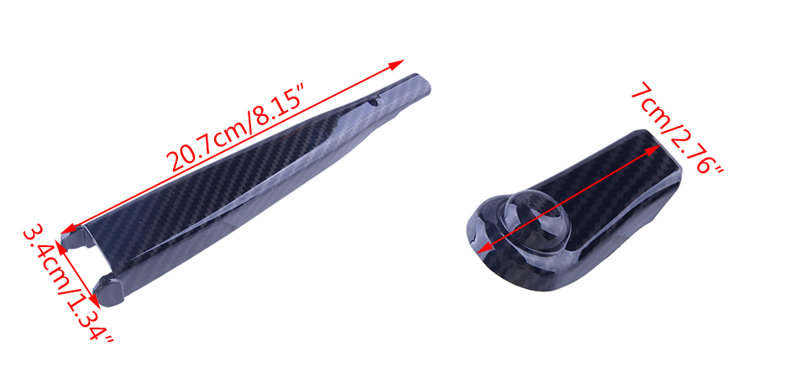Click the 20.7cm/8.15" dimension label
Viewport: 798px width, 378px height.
[237, 130]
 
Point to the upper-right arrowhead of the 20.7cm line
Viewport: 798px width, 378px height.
[396, 64]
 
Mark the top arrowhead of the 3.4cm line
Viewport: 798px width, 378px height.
[60, 247]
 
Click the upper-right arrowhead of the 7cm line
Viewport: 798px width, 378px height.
[654, 149]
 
